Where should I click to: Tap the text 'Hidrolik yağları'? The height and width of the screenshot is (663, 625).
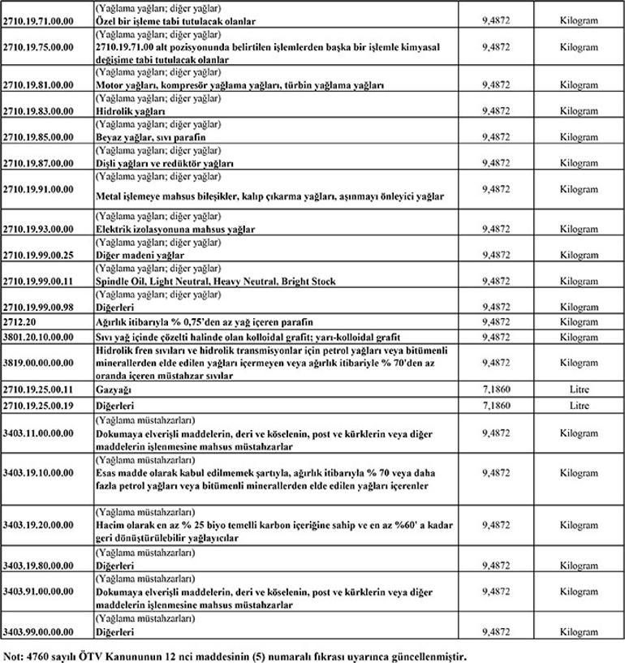[131, 110]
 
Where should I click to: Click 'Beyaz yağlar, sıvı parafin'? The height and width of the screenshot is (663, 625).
[150, 137]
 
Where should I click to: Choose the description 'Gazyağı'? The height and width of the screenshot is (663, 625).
[113, 390]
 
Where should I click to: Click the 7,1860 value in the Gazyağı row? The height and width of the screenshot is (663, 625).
[495, 390]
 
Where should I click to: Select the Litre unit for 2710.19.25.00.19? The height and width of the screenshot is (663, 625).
[579, 404]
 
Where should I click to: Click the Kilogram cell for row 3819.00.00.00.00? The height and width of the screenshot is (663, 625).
[579, 362]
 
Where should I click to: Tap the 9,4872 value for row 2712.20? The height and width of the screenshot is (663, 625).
[495, 322]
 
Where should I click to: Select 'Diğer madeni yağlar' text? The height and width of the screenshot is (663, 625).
[140, 255]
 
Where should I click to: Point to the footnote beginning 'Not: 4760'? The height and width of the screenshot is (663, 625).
[235, 654]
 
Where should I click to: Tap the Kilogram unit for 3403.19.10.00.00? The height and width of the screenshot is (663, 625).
[579, 472]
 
